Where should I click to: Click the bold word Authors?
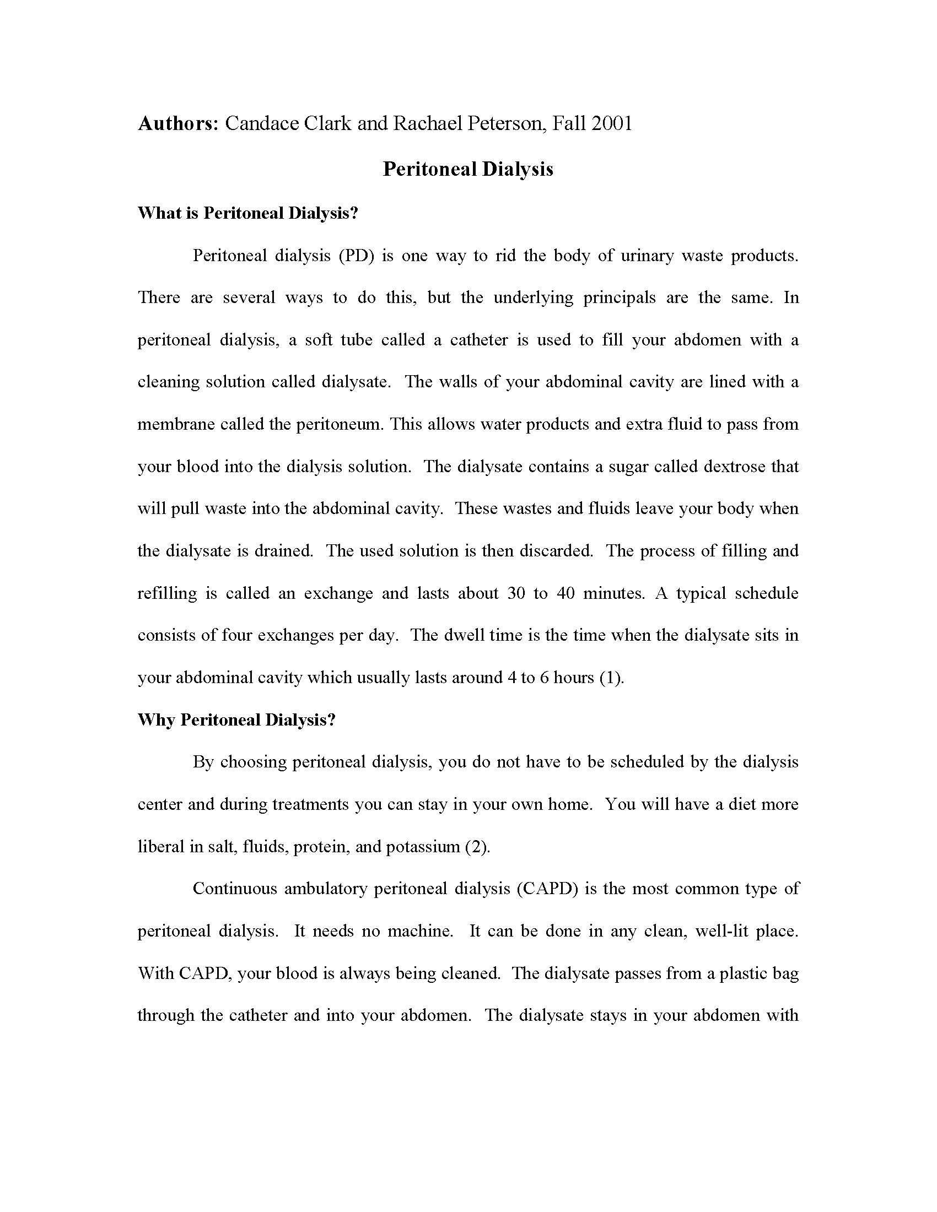tap(178, 123)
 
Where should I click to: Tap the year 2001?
tap(612, 123)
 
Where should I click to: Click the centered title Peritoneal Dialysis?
tap(468, 169)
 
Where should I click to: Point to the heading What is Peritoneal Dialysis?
tap(248, 213)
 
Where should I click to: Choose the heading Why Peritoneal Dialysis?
tap(236, 720)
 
